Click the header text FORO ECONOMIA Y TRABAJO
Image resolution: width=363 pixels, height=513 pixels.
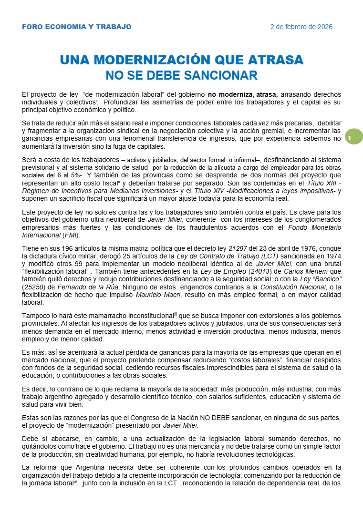[76, 27]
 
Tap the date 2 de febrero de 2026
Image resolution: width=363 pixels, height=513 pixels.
[301, 27]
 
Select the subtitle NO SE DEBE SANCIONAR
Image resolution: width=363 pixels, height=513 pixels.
[181, 75]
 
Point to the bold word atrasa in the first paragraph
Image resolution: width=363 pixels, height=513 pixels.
[266, 94]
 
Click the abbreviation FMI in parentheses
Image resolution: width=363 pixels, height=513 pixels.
[72, 235]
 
